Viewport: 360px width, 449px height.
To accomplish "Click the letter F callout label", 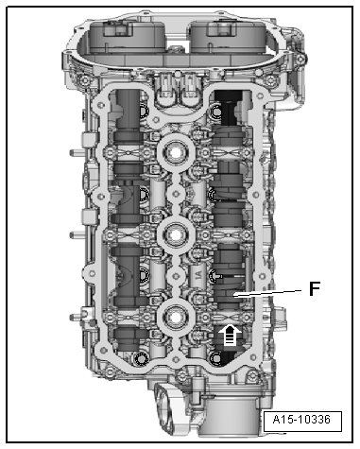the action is coord(315,288).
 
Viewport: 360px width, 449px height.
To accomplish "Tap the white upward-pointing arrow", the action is coord(230,335).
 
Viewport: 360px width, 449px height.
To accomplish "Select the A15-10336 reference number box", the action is coord(302,421).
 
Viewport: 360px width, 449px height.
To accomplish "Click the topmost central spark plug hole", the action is coord(176,152).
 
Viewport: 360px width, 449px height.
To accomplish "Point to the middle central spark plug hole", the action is coord(176,234).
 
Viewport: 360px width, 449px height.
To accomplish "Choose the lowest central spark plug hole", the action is coord(176,317).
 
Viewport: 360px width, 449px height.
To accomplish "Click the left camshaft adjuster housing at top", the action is coord(128,36).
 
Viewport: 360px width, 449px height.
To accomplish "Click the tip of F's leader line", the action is coord(232,296).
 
